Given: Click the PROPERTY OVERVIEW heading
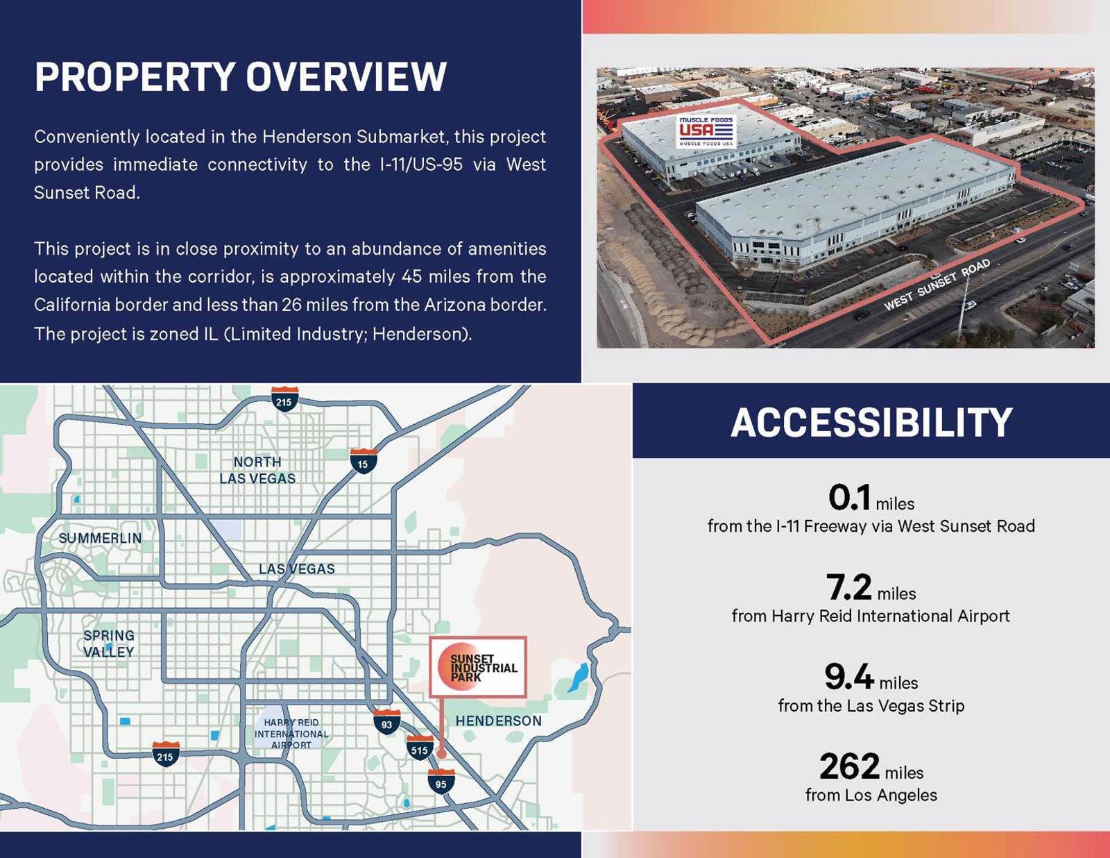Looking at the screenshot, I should pyautogui.click(x=240, y=77).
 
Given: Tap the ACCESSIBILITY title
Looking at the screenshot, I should pyautogui.click(x=871, y=423).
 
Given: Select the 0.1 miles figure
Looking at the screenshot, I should pyautogui.click(x=871, y=498).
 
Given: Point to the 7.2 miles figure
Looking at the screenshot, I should pyautogui.click(x=871, y=588).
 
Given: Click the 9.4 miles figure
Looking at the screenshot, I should pyautogui.click(x=871, y=678).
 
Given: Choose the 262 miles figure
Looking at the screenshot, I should pyautogui.click(x=871, y=767).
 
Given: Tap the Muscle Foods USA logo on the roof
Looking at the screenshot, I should pyautogui.click(x=706, y=131).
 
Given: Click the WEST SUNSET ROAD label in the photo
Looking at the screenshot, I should pyautogui.click(x=937, y=285).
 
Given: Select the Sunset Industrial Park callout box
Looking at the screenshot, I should pyautogui.click(x=478, y=667).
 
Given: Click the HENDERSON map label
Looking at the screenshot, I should pyautogui.click(x=498, y=721).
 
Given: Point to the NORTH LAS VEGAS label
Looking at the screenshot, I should pyautogui.click(x=257, y=471).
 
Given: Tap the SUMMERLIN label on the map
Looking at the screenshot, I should pyautogui.click(x=100, y=539).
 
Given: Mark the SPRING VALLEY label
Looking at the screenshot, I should pyautogui.click(x=109, y=644).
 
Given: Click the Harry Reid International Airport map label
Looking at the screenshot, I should pyautogui.click(x=291, y=734).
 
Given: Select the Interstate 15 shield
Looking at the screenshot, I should pyautogui.click(x=363, y=462).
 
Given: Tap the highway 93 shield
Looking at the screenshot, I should pyautogui.click(x=386, y=723).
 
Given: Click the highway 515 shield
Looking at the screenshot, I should pyautogui.click(x=419, y=748).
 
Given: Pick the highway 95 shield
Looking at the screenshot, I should pyautogui.click(x=441, y=782).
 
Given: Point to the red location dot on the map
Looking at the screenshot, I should pyautogui.click(x=441, y=752).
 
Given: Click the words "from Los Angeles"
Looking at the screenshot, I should pyautogui.click(x=871, y=796).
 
